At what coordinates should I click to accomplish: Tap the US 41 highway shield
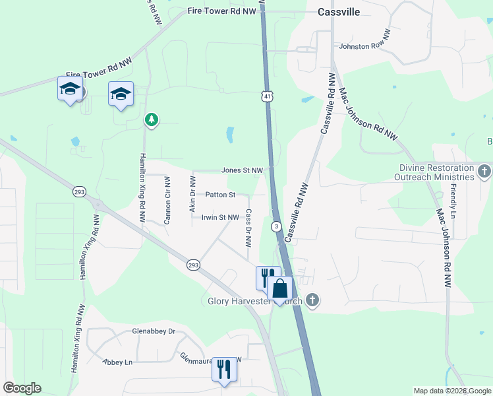click(x=266, y=96)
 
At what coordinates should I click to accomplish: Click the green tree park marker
click(x=152, y=119)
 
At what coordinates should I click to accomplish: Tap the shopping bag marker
click(x=279, y=289)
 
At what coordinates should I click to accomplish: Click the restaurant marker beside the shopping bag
click(x=267, y=277)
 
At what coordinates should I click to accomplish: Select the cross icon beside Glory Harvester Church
click(x=312, y=301)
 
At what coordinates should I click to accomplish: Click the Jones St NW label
click(x=242, y=170)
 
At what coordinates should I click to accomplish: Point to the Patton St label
click(x=220, y=195)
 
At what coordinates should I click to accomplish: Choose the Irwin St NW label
click(x=220, y=217)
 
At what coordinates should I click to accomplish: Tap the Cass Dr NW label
click(x=248, y=228)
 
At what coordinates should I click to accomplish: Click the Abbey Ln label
click(x=118, y=362)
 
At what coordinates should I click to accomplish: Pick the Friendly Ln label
click(x=454, y=201)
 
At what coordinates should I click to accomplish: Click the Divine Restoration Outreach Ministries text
click(x=434, y=173)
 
